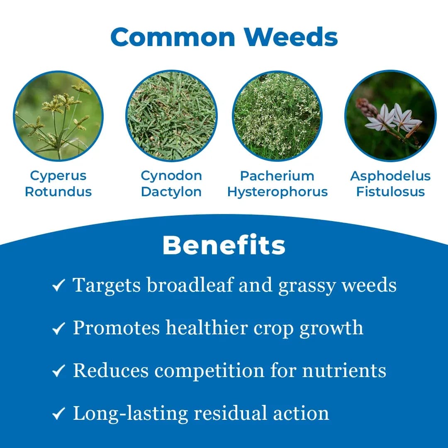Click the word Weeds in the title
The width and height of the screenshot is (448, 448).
[x=290, y=37]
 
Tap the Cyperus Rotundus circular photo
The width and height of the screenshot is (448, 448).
[x=58, y=116]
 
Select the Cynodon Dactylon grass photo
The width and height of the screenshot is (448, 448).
[x=171, y=116]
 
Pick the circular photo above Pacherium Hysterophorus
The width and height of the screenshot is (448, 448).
[x=277, y=116]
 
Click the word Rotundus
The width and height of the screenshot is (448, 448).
[x=58, y=192]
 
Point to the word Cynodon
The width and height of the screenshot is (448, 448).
[x=171, y=175]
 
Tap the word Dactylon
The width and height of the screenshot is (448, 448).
[x=171, y=192]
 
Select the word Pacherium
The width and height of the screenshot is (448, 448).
[x=277, y=175]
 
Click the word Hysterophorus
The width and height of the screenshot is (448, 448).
[x=277, y=192]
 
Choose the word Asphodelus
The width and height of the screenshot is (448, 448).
[x=390, y=175]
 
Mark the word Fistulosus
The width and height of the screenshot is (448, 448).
[x=390, y=192]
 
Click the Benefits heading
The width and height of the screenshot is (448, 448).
[x=224, y=245]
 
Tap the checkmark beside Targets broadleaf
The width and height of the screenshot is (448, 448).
[x=58, y=286]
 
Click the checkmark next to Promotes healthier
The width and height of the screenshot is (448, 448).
[x=58, y=329]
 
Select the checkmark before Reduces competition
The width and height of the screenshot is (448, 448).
[x=58, y=371]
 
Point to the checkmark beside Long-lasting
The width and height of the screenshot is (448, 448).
[x=58, y=414]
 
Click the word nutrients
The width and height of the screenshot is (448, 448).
[x=344, y=370]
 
